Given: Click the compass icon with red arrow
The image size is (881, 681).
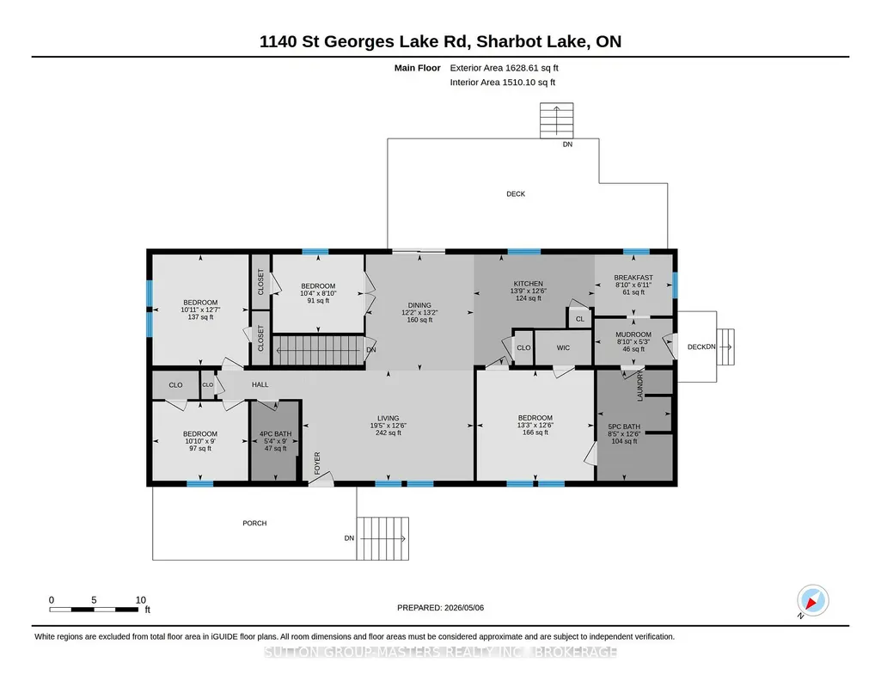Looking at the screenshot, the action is (x=812, y=601).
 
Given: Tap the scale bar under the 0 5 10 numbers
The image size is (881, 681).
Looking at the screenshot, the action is (x=94, y=609).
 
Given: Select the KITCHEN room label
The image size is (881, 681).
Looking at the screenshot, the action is (x=528, y=284).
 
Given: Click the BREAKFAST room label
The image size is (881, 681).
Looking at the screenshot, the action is (x=633, y=278).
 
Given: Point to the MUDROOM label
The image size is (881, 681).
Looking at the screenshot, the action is (x=633, y=334).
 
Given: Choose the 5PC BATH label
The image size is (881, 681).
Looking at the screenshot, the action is (x=624, y=426).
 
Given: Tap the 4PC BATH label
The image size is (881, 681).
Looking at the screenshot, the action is (x=275, y=433).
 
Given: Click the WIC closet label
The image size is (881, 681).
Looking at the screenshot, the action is (x=563, y=347).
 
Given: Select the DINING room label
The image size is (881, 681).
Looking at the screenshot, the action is (x=419, y=305).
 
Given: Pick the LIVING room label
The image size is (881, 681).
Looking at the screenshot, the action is (x=388, y=418).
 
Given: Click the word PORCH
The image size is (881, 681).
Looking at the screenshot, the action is (x=254, y=523).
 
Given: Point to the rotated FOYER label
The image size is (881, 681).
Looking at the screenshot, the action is (x=317, y=463).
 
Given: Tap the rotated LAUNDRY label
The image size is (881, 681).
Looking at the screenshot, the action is (x=639, y=386).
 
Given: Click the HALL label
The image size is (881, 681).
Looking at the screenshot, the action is (x=260, y=385).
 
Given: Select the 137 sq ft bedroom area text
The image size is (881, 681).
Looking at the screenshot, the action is (x=200, y=317).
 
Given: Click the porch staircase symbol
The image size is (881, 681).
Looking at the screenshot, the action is (x=382, y=538).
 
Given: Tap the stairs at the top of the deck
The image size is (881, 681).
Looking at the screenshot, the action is (x=557, y=120).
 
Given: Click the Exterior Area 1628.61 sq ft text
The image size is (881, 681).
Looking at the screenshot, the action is (x=504, y=68).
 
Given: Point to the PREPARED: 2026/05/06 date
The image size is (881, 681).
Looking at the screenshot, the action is (x=440, y=607).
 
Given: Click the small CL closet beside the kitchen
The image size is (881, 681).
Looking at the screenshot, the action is (x=580, y=319).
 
